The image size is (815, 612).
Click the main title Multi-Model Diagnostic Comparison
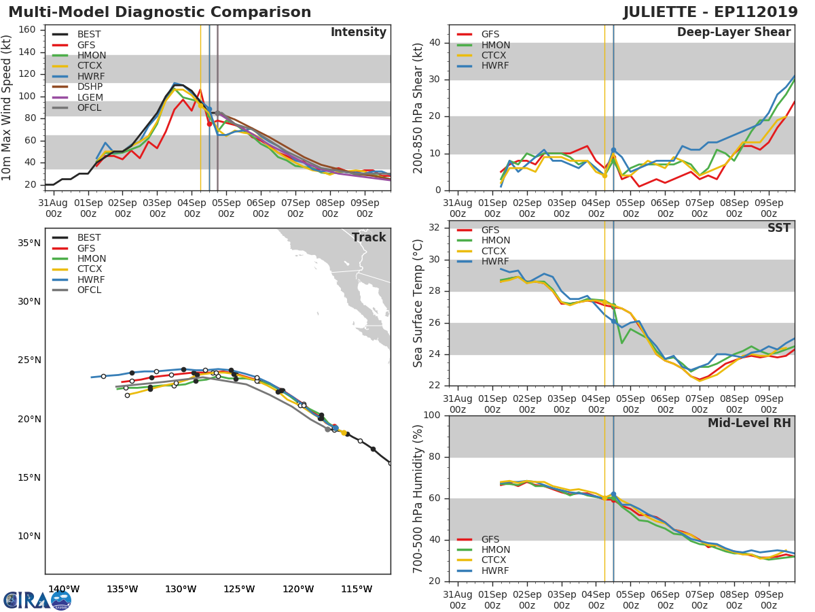(x=160, y=12)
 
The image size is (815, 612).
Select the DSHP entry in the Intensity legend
(x=90, y=86)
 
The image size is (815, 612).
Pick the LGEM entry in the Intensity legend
(x=90, y=97)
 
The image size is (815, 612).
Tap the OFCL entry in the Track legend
(x=89, y=290)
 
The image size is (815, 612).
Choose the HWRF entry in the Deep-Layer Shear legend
(x=494, y=66)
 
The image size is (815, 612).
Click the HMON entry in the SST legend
(x=495, y=241)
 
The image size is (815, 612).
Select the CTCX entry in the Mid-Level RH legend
(x=494, y=560)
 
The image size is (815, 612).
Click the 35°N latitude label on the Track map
(x=29, y=243)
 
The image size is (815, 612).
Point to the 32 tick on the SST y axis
(x=435, y=228)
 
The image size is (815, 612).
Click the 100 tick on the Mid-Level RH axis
(x=432, y=415)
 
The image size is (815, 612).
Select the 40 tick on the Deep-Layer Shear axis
(x=435, y=43)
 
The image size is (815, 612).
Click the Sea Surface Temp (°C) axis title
(x=418, y=303)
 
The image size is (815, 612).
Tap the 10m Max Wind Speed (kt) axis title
(x=7, y=107)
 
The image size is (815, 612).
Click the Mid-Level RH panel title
(x=748, y=424)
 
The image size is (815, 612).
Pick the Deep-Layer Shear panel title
(x=733, y=33)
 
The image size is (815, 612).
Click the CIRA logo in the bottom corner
(x=37, y=600)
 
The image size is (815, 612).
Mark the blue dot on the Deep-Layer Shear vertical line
(x=613, y=150)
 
